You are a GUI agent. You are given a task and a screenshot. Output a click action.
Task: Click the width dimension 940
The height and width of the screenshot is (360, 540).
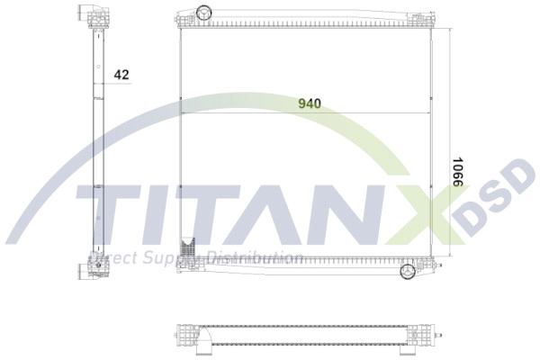point(310,103)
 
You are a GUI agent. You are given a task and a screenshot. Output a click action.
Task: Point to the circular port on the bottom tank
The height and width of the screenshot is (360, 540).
point(408,271)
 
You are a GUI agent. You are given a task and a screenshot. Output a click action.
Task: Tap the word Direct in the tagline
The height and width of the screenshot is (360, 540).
point(109,259)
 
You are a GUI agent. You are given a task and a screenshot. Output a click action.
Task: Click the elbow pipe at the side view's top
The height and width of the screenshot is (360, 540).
point(91,13)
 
